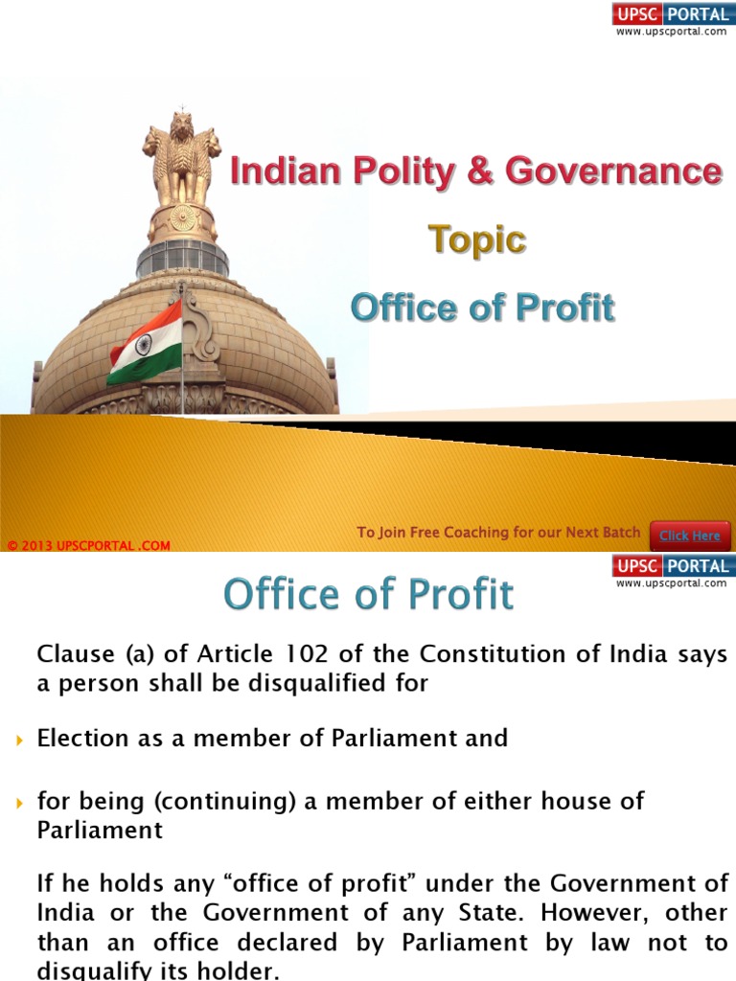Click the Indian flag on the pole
145,344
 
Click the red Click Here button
690,536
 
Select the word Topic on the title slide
476,240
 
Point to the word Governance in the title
613,171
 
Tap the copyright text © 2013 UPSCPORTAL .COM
88,546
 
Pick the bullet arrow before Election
20,740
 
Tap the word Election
82,739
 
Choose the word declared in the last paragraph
285,944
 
